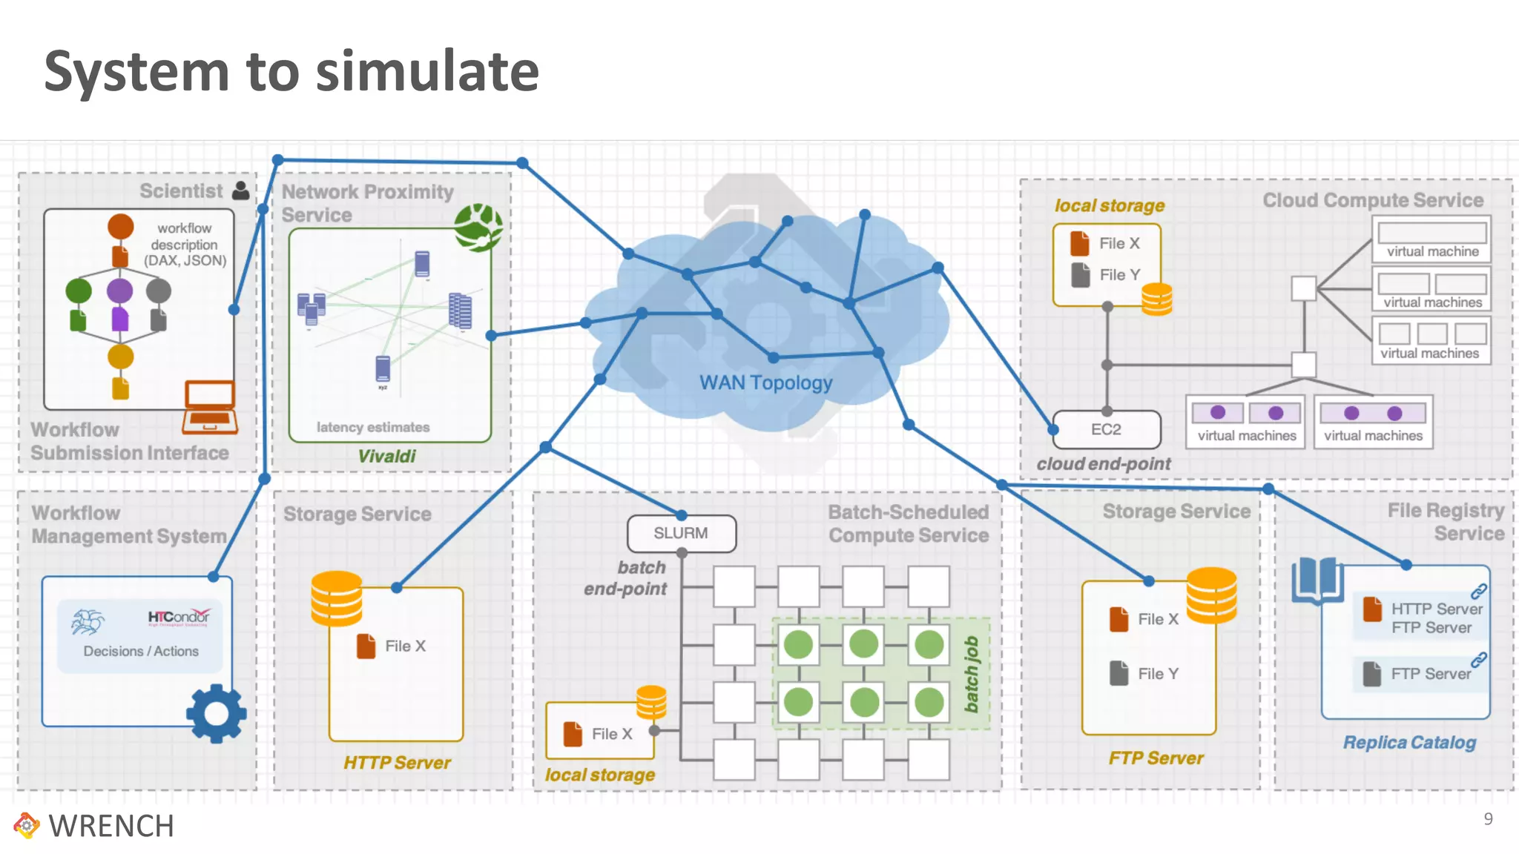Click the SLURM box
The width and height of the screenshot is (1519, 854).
point(681,533)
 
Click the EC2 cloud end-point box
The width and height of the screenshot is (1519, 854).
point(1106,429)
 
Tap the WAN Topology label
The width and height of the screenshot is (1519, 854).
point(765,383)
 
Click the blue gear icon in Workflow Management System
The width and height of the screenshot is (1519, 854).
point(216,713)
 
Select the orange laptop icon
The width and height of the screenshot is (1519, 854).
point(210,407)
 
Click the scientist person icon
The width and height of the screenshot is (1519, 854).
point(241,191)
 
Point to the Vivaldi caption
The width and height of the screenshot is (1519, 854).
point(386,456)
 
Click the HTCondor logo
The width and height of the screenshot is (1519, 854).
point(179,617)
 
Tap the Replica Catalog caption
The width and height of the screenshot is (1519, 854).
point(1409,742)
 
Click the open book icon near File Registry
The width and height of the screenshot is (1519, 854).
point(1317,580)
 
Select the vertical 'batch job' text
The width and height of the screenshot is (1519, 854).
point(971,674)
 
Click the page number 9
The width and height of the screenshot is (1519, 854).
point(1488,818)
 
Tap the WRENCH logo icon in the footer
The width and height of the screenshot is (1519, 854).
point(27,825)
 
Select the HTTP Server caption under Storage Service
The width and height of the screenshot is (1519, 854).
point(397,762)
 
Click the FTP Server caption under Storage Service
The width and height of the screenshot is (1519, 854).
point(1156,758)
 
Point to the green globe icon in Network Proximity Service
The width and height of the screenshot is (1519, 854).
point(478,227)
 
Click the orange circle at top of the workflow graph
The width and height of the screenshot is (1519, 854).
point(121,226)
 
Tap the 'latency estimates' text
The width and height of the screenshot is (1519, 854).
point(372,427)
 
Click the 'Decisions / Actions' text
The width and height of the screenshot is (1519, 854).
point(141,651)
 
